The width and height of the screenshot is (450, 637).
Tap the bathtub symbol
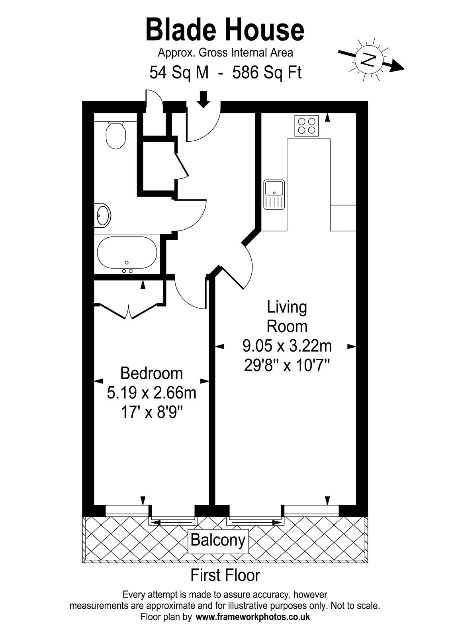[x=127, y=252]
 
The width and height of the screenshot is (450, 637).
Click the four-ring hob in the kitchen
[x=307, y=126]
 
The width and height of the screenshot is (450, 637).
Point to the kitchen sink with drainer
[x=274, y=195]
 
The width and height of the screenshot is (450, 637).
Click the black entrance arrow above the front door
[x=203, y=99]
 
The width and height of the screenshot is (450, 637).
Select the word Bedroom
[x=152, y=373]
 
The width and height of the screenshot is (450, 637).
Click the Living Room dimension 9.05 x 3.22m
[x=287, y=346]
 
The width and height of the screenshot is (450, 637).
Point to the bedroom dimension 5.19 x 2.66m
[x=152, y=394]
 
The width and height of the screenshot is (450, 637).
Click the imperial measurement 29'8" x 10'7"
[x=287, y=366]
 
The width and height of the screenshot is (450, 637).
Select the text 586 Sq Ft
[x=267, y=73]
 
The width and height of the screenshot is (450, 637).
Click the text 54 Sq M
[x=179, y=73]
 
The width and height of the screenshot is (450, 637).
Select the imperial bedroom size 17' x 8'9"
[x=152, y=413]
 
